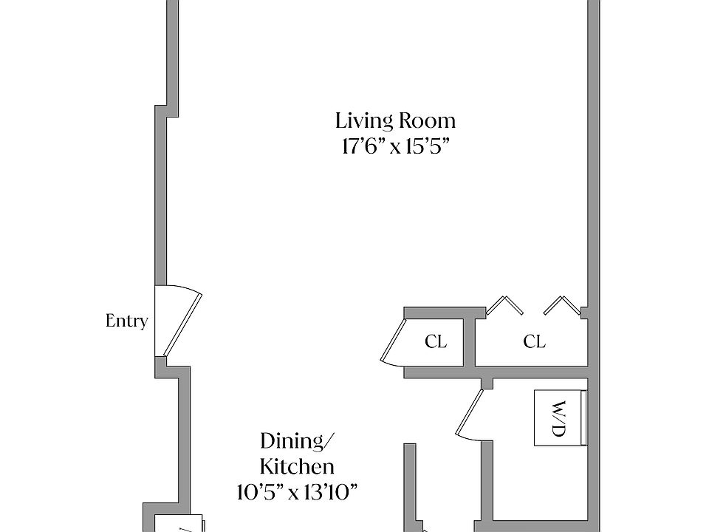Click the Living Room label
[x=395, y=121]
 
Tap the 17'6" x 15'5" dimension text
[x=396, y=146]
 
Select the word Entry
[x=126, y=321]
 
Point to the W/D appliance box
[x=561, y=418]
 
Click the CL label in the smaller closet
[x=436, y=341]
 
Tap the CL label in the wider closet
[x=534, y=341]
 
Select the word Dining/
[x=298, y=441]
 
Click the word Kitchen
[x=298, y=466]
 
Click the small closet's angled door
[x=392, y=342]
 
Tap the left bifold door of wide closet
[x=504, y=305]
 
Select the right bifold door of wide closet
[x=562, y=305]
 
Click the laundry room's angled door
[x=470, y=413]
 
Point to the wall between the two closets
[x=469, y=342]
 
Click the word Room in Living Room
[x=426, y=120]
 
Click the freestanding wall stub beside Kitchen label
[x=410, y=488]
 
